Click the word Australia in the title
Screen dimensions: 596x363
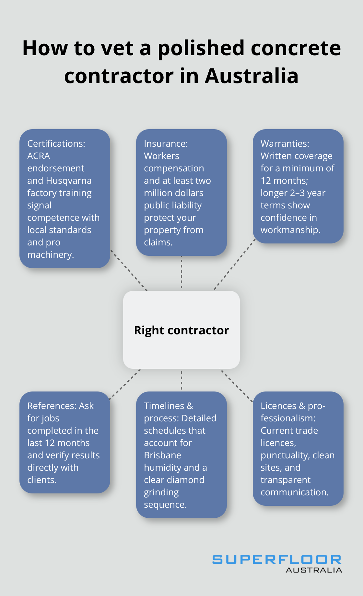pos(251,76)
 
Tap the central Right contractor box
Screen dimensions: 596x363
pos(181,330)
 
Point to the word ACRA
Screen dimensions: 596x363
pos(39,156)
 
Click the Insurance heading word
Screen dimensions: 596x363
pos(166,143)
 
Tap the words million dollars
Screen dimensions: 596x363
pos(173,193)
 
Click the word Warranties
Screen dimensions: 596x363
pos(285,143)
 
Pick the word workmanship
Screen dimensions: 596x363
pos(290,230)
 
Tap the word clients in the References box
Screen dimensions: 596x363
pos(41,480)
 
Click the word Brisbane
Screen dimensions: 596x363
pos(162,455)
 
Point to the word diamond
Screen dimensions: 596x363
pos(188,480)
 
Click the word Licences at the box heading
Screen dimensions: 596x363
pos(278,406)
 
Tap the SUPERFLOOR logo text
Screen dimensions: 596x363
pos(276,560)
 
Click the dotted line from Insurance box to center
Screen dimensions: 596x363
pos(181,273)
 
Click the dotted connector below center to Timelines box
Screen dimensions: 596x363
pos(181,380)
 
